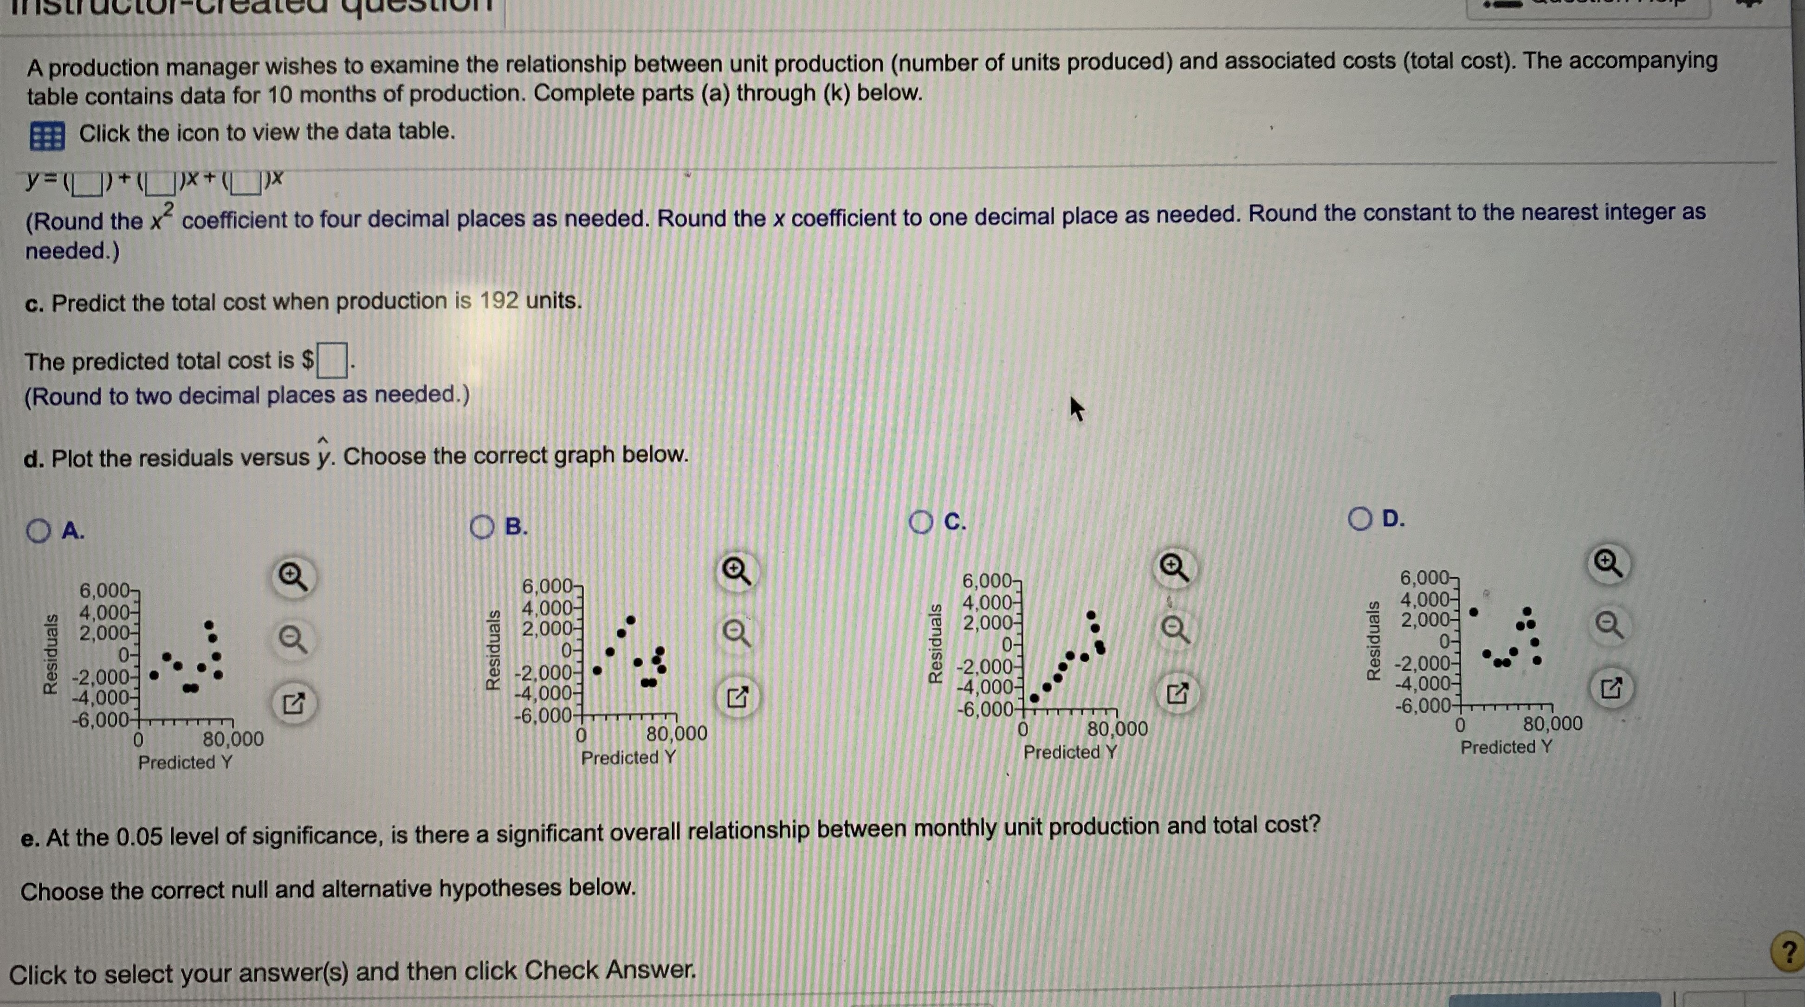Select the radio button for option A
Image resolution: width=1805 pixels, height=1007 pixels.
coord(39,530)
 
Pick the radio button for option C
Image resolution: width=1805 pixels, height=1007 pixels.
coord(921,522)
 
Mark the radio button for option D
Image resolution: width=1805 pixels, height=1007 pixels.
coord(1359,518)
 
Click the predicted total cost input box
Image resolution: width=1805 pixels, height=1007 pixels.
coord(332,360)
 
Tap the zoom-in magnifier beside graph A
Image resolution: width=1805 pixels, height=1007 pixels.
coord(292,577)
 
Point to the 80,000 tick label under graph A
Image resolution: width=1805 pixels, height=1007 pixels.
coord(233,739)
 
